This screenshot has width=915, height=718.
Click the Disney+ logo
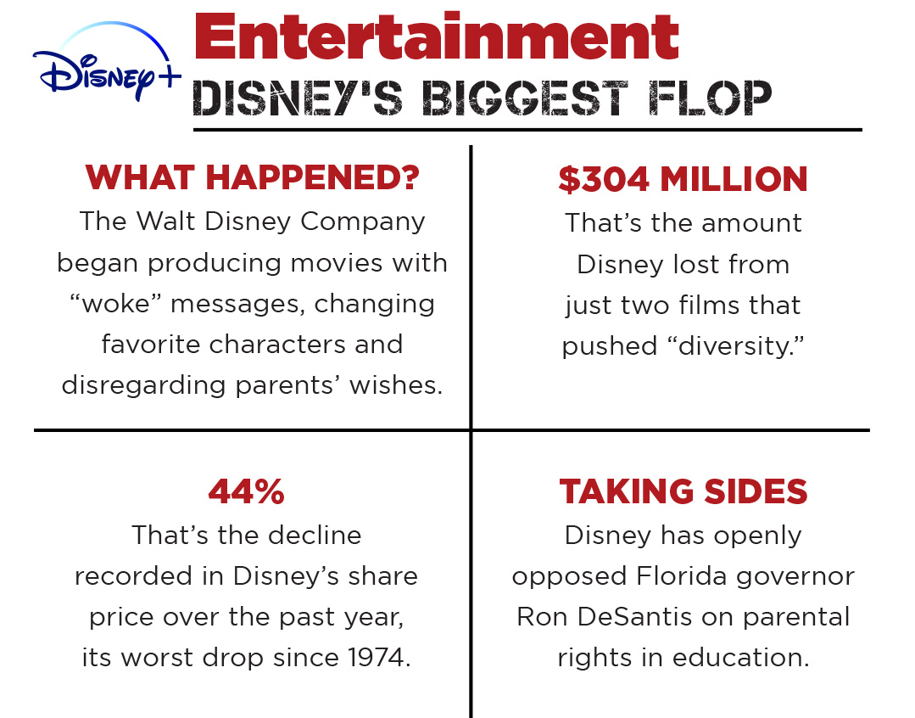click(105, 68)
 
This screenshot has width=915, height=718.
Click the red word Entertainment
click(436, 38)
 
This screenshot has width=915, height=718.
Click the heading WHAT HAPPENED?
click(253, 178)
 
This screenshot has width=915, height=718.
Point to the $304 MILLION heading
click(683, 179)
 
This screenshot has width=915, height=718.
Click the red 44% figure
click(246, 491)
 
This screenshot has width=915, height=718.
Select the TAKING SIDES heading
click(683, 491)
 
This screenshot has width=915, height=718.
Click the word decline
click(316, 536)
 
